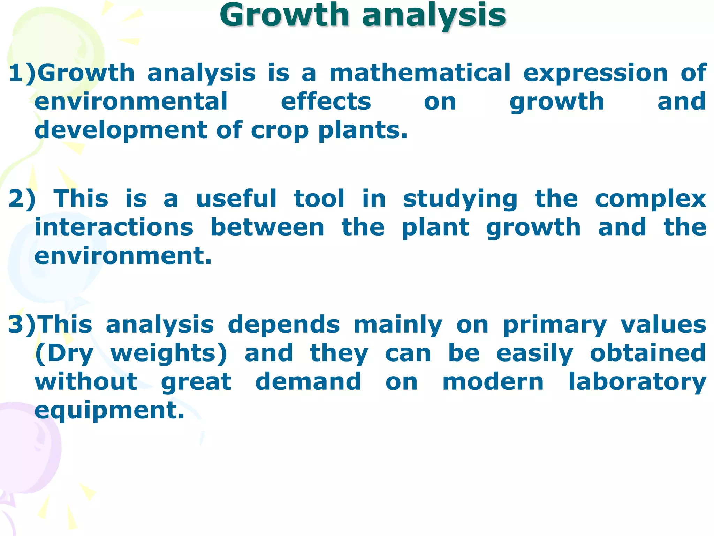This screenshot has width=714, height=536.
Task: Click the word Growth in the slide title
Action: pyautogui.click(x=284, y=15)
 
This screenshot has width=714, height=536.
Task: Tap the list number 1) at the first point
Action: pyautogui.click(x=22, y=73)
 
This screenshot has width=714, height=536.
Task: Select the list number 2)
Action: pyautogui.click(x=22, y=199)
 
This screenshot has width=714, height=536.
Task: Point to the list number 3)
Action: pyautogui.click(x=22, y=325)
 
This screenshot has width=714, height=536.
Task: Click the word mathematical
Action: pyautogui.click(x=420, y=73)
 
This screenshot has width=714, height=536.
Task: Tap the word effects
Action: pyautogui.click(x=326, y=102)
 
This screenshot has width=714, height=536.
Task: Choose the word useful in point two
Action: pyautogui.click(x=236, y=199)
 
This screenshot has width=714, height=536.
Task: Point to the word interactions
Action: pyautogui.click(x=114, y=228)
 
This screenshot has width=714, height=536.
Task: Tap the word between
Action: pyautogui.click(x=267, y=228)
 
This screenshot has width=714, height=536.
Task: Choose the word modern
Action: pyautogui.click(x=493, y=382)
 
